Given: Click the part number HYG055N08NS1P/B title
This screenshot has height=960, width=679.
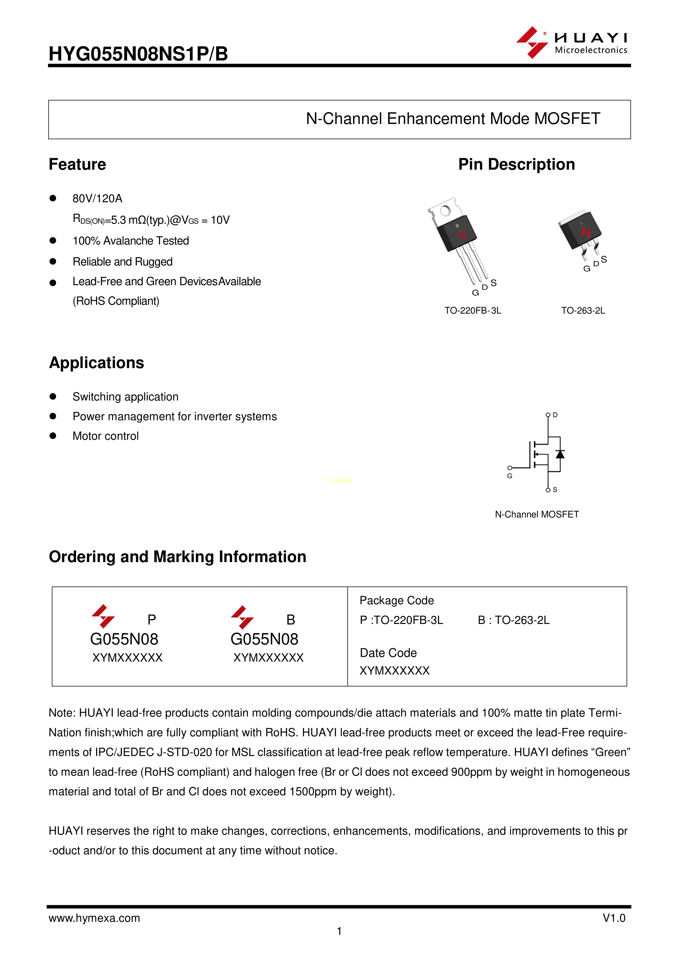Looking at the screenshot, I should (138, 54).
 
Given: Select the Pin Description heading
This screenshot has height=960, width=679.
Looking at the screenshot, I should (516, 164).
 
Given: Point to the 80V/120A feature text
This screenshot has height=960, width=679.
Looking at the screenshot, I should (97, 199).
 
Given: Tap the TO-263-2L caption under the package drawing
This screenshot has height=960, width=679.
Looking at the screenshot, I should (583, 311).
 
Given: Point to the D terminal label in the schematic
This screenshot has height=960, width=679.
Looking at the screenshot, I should (555, 415).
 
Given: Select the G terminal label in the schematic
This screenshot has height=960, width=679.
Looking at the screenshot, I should (510, 476).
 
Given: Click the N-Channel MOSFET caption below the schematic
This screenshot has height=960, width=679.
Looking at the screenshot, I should (537, 514).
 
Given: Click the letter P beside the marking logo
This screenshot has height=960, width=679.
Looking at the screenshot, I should (152, 619).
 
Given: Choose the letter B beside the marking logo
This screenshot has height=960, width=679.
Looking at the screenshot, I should (291, 619).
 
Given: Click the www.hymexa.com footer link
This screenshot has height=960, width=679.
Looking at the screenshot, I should (94, 918).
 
